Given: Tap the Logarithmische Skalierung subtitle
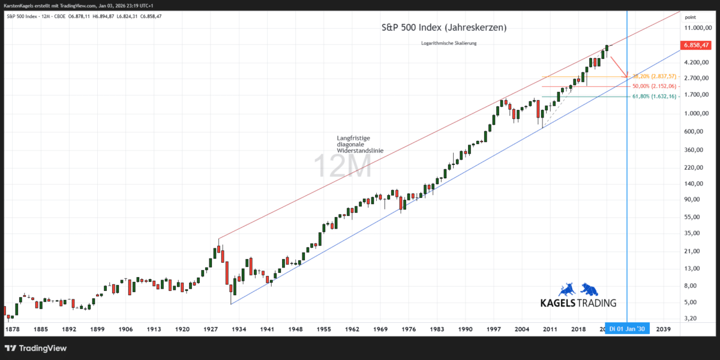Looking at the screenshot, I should (x=449, y=43).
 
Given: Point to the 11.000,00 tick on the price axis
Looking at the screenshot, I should (x=697, y=28).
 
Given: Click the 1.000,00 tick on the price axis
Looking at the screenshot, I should (x=697, y=113).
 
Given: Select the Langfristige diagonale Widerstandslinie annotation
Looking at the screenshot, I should (x=359, y=145).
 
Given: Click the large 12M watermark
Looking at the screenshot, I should (x=342, y=166).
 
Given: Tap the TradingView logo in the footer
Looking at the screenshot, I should (x=36, y=349).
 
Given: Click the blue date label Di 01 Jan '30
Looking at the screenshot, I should (x=627, y=329).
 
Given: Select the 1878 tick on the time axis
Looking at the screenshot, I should (x=13, y=329).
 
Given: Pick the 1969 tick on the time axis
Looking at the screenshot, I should (x=380, y=329).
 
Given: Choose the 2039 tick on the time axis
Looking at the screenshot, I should (x=664, y=329).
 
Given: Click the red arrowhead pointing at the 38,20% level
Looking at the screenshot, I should (x=626, y=76).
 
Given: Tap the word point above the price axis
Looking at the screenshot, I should (x=691, y=17).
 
